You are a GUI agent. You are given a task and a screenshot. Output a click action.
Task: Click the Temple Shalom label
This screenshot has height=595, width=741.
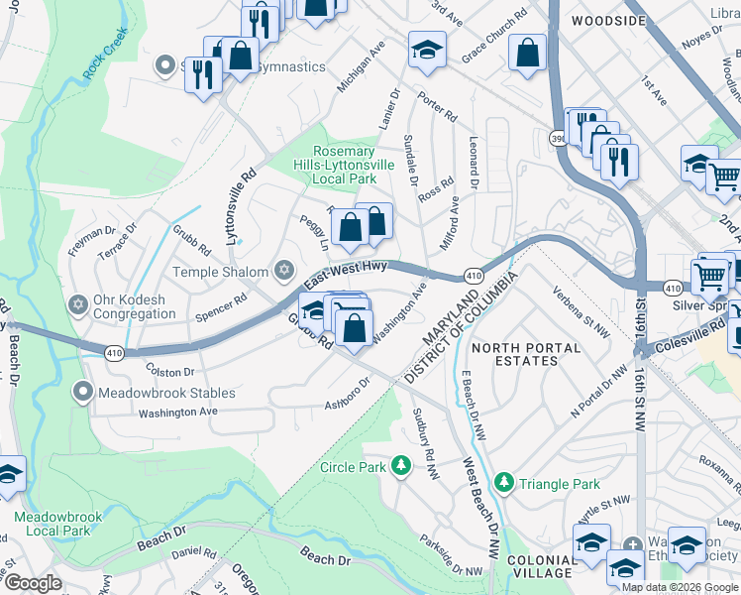(221, 272)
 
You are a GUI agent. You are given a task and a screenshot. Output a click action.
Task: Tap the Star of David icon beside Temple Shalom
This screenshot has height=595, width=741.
(284, 271)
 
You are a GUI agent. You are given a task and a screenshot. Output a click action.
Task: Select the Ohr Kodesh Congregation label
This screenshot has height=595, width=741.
(133, 307)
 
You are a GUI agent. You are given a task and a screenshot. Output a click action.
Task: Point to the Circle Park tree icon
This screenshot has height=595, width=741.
(401, 465)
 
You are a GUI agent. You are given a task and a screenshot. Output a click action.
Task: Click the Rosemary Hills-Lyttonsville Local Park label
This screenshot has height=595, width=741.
(343, 165)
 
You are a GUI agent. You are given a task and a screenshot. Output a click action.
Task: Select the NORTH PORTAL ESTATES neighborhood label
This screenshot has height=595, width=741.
(514, 354)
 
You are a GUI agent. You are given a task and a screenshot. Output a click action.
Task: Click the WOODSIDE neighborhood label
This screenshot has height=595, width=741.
(593, 19)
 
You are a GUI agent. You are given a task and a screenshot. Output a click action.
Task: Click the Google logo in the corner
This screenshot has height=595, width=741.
(33, 583)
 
